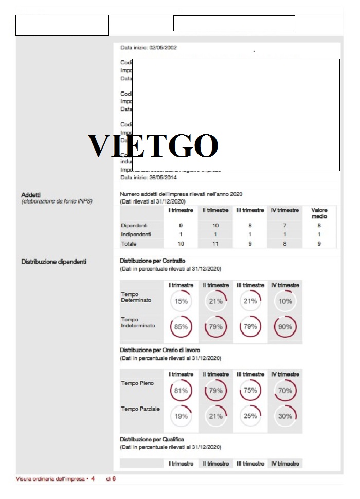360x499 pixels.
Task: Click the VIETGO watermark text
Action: (153, 146)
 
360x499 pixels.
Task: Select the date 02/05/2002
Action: (163, 48)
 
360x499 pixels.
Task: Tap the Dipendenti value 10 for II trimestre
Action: (215, 226)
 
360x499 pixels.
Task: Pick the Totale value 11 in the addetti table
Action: (215, 243)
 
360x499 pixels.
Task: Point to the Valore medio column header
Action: (319, 213)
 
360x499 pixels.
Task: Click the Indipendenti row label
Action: (136, 234)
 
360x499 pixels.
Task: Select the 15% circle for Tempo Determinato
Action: (181, 301)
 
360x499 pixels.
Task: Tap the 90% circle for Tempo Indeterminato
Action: (285, 326)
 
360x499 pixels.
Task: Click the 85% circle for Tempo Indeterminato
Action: (181, 326)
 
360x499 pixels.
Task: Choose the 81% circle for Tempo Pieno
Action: (181, 391)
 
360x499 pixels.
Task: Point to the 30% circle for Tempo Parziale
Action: (285, 416)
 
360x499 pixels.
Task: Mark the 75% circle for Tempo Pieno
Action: (250, 391)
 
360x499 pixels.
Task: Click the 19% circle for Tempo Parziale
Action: (181, 416)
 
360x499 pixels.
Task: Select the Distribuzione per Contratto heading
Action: (152, 261)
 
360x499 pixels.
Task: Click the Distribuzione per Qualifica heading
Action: (152, 439)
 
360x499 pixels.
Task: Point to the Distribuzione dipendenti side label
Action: (53, 262)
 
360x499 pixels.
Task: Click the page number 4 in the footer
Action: (93, 478)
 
